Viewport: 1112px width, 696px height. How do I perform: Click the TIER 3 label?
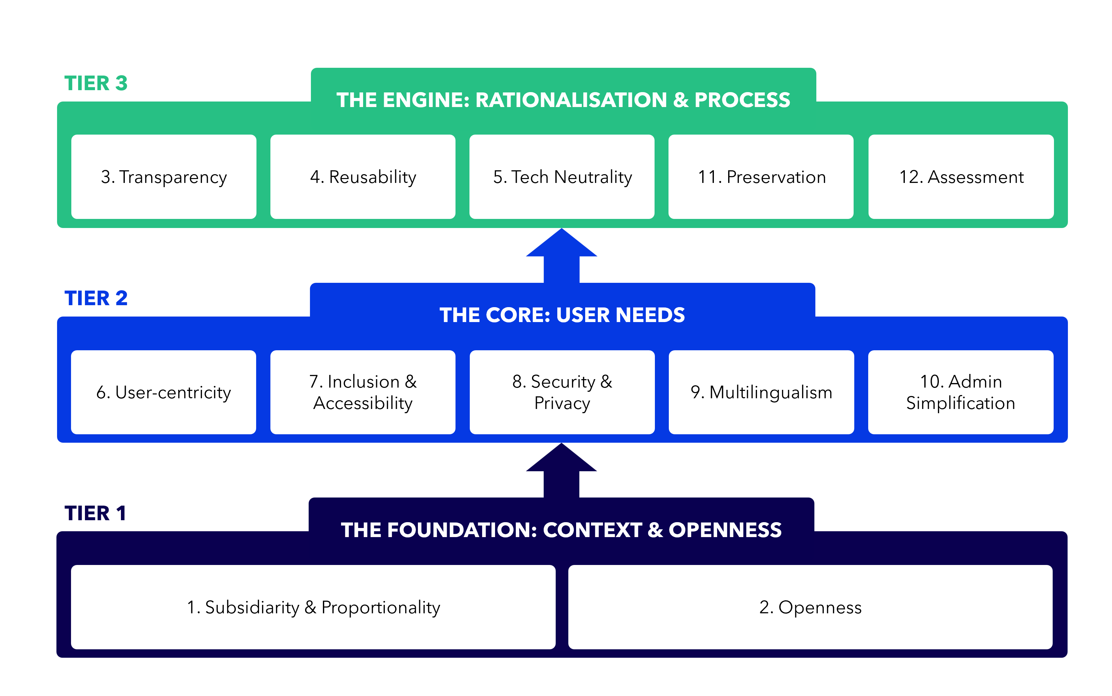[96, 83]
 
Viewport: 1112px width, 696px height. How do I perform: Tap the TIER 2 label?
[96, 298]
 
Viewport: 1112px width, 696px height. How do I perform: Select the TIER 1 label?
[95, 513]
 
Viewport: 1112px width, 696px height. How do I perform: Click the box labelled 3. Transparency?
[164, 177]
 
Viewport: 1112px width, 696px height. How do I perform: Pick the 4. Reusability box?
[363, 177]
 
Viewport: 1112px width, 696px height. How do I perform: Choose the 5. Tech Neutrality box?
[562, 177]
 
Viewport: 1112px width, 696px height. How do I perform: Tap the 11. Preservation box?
[761, 177]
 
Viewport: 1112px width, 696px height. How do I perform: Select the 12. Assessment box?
[961, 177]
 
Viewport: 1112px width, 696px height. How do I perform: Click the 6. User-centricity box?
[163, 392]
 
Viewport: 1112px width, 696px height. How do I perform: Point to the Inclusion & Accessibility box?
[363, 392]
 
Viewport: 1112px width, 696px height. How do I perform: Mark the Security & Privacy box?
[562, 392]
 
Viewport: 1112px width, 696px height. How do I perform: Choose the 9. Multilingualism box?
[762, 392]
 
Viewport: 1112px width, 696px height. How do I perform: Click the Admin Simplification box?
[961, 392]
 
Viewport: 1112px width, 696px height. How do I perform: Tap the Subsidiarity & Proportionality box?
[313, 607]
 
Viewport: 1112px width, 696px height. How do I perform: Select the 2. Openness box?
[810, 607]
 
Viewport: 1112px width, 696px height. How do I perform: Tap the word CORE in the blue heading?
[518, 315]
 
